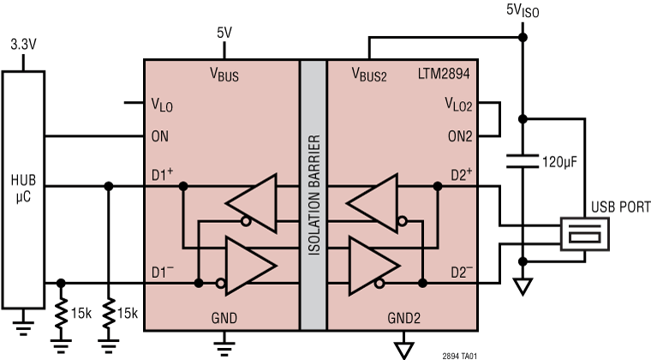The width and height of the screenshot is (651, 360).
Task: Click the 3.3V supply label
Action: pos(23,42)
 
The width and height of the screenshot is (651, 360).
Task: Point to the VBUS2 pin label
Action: pos(370,75)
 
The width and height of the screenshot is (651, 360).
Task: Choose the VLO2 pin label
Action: pos(461,104)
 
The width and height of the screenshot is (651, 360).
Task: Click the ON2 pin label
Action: pos(463,135)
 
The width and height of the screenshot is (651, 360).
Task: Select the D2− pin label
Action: pos(461,273)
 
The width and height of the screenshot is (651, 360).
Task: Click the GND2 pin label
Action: pos(401,316)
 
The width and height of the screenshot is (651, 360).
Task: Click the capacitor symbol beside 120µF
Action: pos(523,159)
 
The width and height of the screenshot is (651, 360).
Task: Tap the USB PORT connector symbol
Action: pos(585,235)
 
